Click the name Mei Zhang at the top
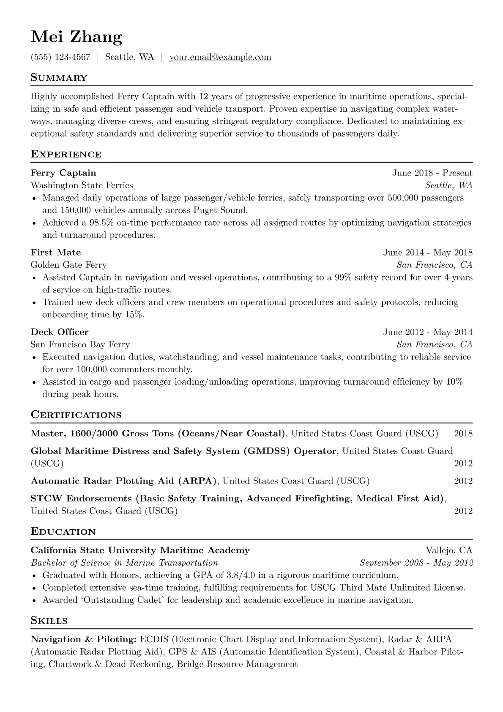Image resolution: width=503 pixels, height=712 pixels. coord(77,37)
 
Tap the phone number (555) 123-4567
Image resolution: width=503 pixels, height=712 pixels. coord(60,57)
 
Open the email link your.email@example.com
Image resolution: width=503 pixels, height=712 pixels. coord(220,57)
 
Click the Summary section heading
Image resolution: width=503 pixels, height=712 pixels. coord(59,78)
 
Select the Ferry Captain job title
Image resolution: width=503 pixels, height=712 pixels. coord(63,173)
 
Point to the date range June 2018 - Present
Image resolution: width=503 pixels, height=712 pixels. coord(432,173)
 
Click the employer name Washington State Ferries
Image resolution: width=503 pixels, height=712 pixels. coord(82,185)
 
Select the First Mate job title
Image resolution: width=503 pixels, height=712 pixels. coord(56,253)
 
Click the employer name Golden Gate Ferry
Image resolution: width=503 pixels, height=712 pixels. coord(68,265)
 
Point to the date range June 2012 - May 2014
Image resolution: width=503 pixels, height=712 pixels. coord(428,332)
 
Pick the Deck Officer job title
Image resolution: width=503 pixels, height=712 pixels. coord(60,332)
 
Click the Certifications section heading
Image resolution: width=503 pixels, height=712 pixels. coord(76,415)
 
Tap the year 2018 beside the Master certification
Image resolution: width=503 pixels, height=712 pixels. coord(463,434)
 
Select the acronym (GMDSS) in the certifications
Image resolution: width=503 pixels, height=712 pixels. coord(267,451)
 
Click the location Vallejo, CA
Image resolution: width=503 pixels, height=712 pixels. coord(449,550)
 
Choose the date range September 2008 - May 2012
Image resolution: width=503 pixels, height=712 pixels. coord(416,563)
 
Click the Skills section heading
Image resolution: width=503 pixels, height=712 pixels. coord(49,621)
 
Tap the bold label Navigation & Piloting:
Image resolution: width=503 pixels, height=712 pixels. coord(83,639)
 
